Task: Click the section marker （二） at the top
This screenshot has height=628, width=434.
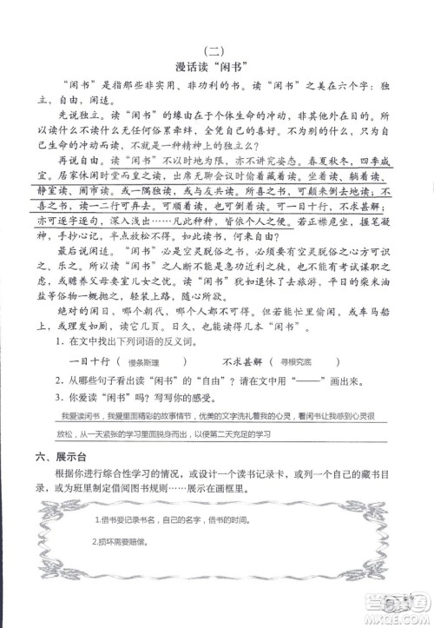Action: point(216,50)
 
